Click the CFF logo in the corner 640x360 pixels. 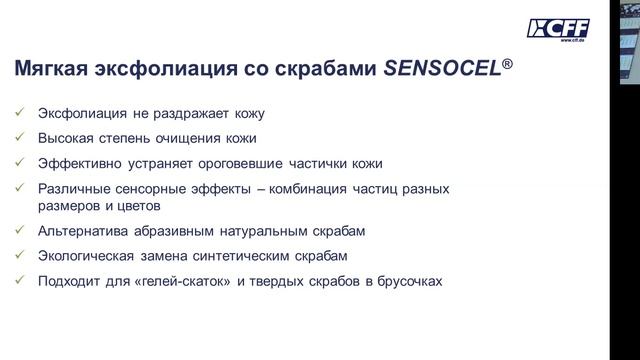[559, 29]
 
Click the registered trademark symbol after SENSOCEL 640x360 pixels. [509, 62]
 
